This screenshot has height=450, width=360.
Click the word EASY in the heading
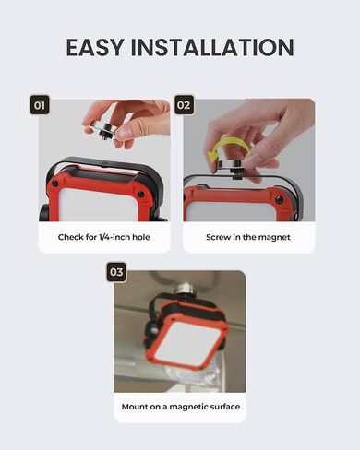coord(94,47)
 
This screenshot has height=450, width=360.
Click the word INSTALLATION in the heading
coord(212,47)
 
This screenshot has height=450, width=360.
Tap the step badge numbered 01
coord(40,105)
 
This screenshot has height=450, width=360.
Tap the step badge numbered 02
coord(184,105)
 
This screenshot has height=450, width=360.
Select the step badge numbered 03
coord(116,272)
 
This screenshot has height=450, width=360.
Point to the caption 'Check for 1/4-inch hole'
coord(104,237)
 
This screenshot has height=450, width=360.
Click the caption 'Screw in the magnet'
coord(248,237)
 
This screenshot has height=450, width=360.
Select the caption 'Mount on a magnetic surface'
coord(181,407)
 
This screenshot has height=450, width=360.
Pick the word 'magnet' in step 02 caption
coord(274,237)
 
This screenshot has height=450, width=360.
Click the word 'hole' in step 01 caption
coord(141,237)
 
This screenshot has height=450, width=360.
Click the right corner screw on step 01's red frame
coord(141,195)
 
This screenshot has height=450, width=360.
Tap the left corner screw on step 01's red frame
coord(55,184)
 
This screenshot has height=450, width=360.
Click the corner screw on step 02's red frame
coord(279,200)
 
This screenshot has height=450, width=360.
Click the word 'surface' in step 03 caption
coord(223,407)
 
